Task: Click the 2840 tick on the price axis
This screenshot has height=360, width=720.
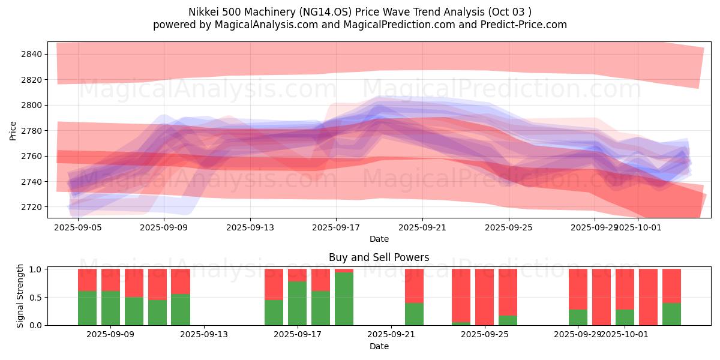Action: click(x=32, y=55)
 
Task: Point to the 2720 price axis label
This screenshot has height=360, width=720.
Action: click(x=32, y=207)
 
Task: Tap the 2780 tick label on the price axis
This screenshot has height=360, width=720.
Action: click(x=32, y=131)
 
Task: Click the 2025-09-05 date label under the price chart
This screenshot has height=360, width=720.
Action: click(x=79, y=228)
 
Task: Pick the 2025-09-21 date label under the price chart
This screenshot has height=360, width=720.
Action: click(x=422, y=228)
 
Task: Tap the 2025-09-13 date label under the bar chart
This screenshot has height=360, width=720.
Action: click(x=204, y=335)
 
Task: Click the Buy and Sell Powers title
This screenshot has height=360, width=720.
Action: click(x=379, y=257)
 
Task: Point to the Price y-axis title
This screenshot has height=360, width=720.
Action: click(x=13, y=130)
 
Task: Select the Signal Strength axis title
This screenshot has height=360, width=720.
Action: click(x=20, y=296)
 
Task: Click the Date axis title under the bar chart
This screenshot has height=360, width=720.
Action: click(x=379, y=346)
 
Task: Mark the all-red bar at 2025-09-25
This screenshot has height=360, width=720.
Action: click(x=484, y=297)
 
